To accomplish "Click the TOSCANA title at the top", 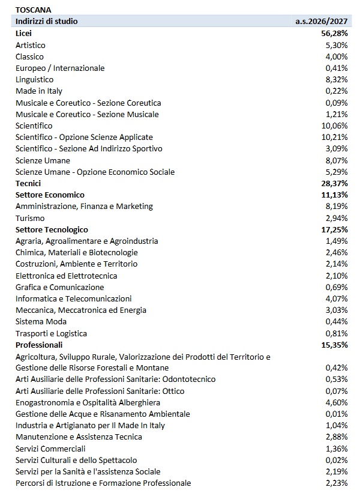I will [33, 10].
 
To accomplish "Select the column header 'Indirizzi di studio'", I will [46, 22].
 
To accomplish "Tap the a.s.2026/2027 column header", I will [321, 22].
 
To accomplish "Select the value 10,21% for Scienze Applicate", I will [335, 137].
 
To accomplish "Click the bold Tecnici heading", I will [28, 183].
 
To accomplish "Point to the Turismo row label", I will [30, 218].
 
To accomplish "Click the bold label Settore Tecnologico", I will [52, 229].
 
